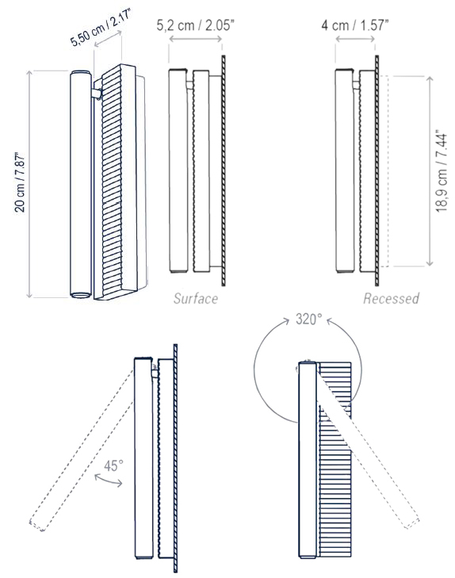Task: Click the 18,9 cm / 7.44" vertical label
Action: (x=438, y=170)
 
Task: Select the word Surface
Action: (x=196, y=298)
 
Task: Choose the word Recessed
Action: (x=392, y=298)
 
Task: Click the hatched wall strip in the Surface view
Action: (x=224, y=170)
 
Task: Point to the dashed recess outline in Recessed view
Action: (x=388, y=170)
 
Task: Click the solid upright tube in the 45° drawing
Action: (x=143, y=460)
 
